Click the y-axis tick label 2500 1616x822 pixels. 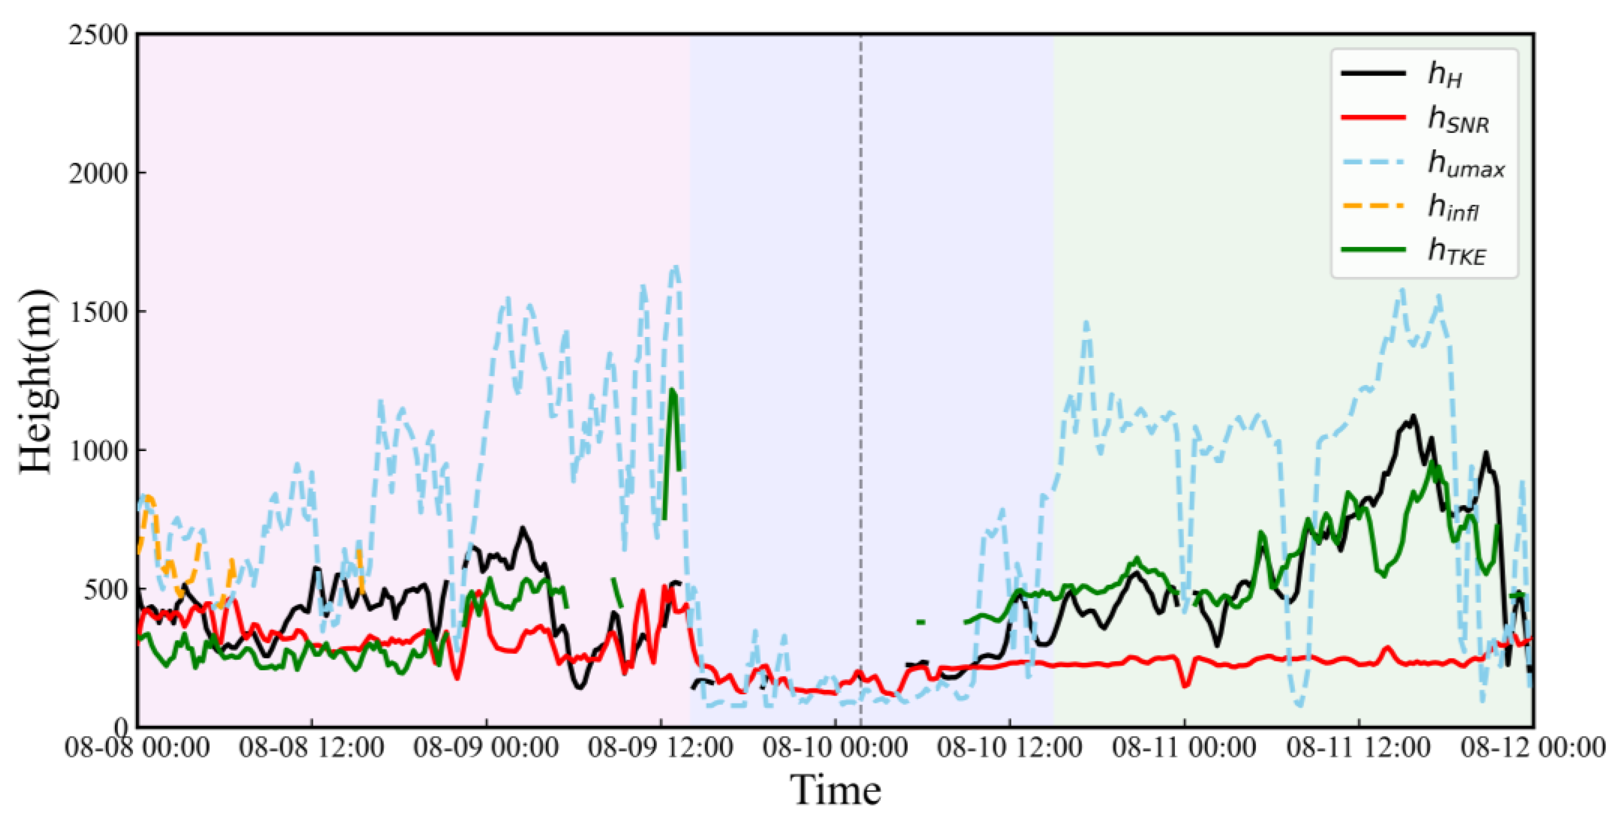pos(98,35)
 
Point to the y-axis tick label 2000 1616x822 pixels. pos(98,173)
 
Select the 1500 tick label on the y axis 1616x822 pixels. pos(98,312)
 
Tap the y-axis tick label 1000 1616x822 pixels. pos(98,450)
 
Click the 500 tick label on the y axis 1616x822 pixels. pos(105,589)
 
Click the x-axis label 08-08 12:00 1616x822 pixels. pos(312,748)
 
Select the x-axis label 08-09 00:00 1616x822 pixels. pos(486,748)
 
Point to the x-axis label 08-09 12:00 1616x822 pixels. pos(660,748)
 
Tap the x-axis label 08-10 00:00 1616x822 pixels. pos(835,748)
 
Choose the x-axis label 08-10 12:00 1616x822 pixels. pos(1009,748)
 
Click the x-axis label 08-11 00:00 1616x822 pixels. pos(1184,748)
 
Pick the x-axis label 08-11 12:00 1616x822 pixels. pos(1359,748)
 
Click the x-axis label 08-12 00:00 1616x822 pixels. pos(1533,748)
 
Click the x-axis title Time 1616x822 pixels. pos(835,790)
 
